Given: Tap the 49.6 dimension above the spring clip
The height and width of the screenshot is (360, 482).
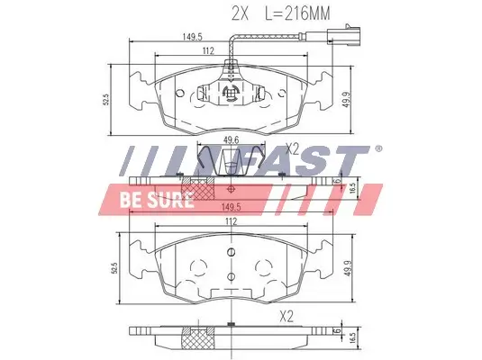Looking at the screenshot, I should (x=230, y=139).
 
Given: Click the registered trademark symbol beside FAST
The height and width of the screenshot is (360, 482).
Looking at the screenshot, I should (x=377, y=148).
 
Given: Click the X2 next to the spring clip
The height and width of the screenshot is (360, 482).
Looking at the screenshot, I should (x=291, y=148).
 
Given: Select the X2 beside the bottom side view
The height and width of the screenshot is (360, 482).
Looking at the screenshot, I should (x=287, y=316).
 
